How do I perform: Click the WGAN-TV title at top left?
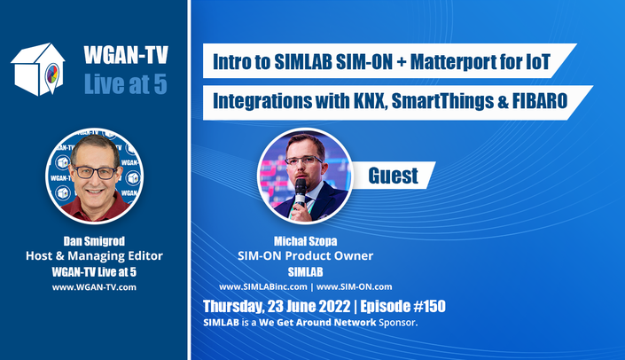tap(126, 55)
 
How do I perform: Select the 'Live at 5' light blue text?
tap(126, 84)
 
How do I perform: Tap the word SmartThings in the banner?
tap(442, 102)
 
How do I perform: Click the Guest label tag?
tap(393, 176)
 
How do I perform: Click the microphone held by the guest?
tap(301, 192)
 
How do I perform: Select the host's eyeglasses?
tap(95, 172)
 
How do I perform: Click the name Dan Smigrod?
tap(94, 241)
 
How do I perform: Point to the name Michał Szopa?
tap(305, 241)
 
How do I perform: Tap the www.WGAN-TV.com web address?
tap(94, 287)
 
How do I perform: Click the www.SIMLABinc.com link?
tap(263, 286)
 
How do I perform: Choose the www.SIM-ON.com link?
tap(354, 286)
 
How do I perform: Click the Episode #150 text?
tap(402, 306)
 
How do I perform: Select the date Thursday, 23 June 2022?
tap(277, 307)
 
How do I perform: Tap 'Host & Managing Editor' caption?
tap(94, 255)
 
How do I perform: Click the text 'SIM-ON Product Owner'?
tap(305, 255)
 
